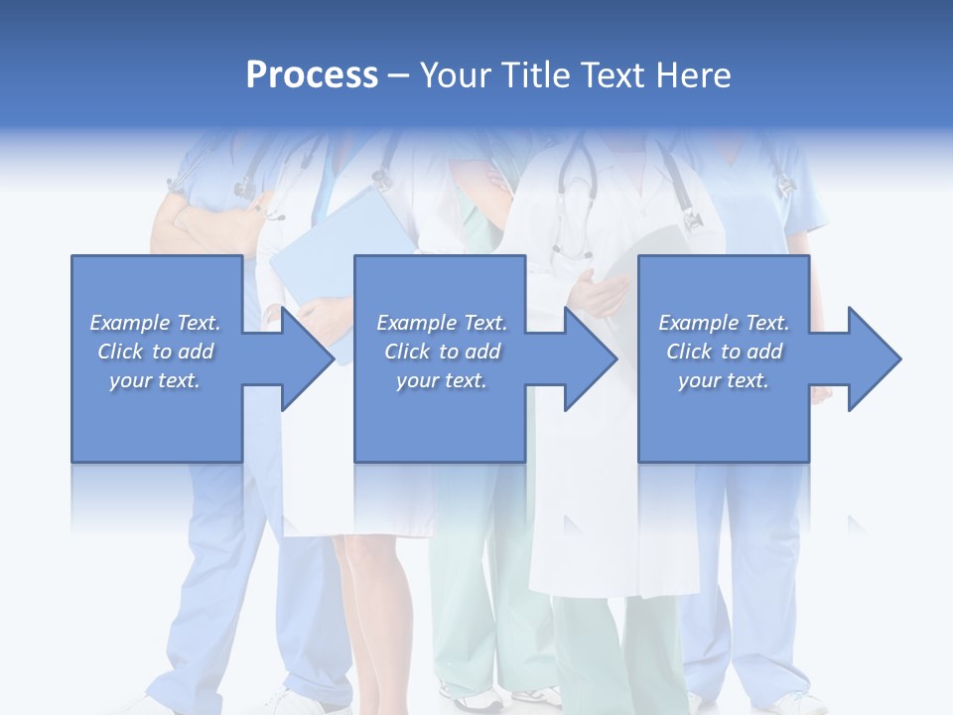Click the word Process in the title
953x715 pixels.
coord(312,75)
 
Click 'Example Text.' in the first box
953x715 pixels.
coord(156,323)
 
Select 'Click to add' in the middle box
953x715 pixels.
coord(442,352)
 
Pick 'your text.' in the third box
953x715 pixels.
coord(724,380)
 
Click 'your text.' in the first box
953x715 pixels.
coord(156,380)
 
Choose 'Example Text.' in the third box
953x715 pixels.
coord(724,323)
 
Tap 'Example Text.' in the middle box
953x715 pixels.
coord(442,323)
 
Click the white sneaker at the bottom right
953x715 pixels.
coord(799,704)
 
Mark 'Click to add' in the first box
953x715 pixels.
coord(156,352)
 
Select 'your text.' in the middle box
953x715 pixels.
coord(442,380)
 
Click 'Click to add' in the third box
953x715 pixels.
coord(724,352)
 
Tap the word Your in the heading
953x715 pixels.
coord(458,75)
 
